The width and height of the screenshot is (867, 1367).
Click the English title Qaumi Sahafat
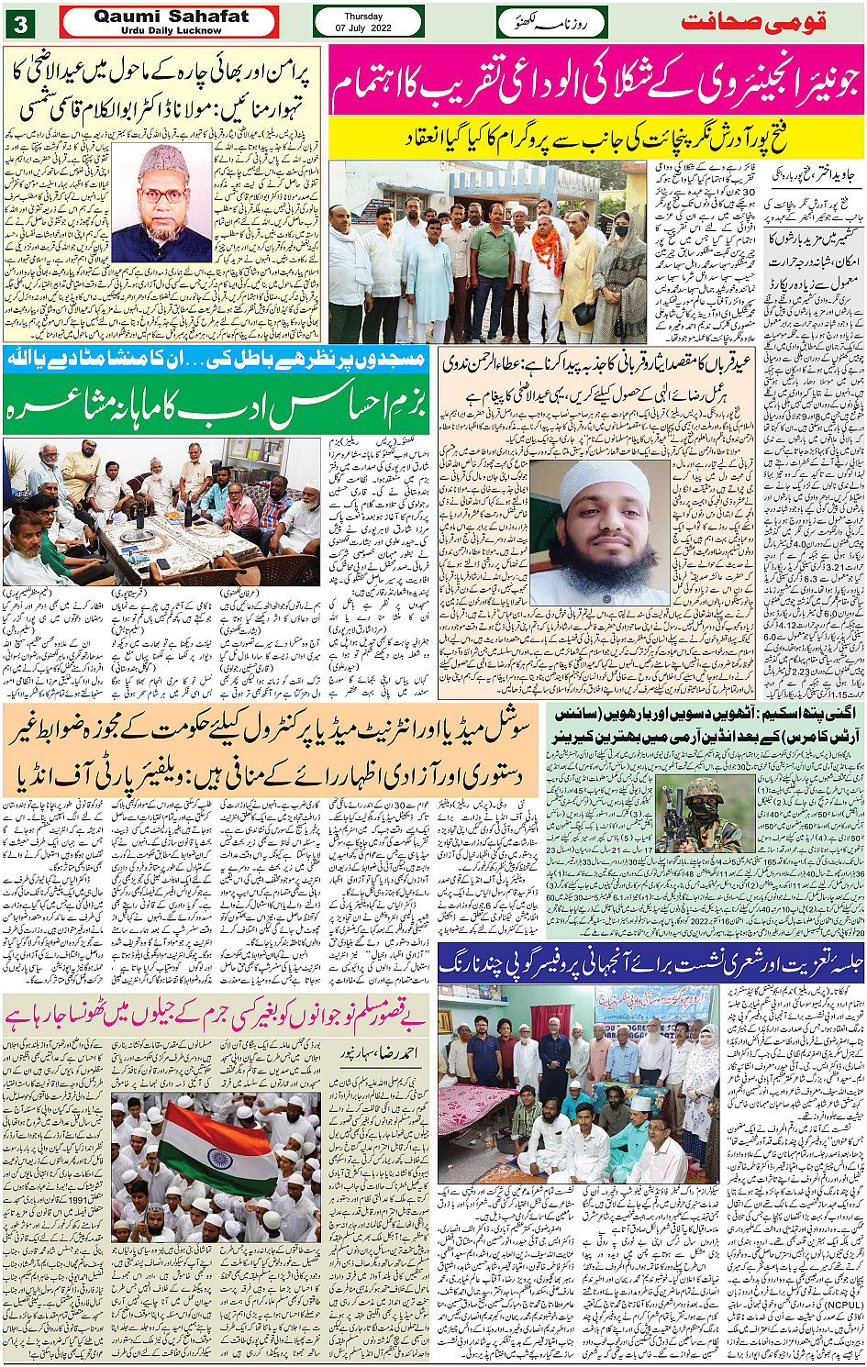coord(171,17)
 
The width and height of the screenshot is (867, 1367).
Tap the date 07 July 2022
coord(363,28)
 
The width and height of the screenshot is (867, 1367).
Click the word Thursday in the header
coord(363,17)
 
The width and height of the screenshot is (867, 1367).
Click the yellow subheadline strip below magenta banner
coord(596,139)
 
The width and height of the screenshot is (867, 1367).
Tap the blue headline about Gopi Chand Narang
coord(651,963)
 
